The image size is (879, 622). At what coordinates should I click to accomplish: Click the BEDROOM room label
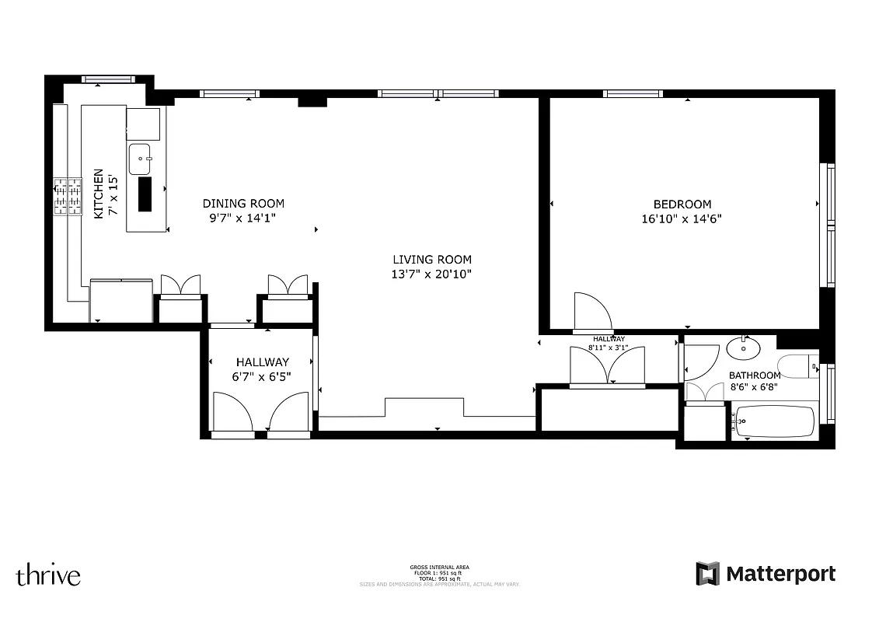(x=682, y=204)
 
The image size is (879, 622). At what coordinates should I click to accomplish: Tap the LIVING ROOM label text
(x=431, y=260)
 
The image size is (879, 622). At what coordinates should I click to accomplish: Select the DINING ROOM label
(x=243, y=204)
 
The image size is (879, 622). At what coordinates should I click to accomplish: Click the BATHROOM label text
(x=754, y=376)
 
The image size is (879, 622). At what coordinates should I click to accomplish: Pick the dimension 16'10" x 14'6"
(x=682, y=219)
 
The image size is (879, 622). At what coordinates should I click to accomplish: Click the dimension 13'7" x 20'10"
(x=431, y=274)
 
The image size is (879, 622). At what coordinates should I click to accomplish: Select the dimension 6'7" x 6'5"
(x=263, y=376)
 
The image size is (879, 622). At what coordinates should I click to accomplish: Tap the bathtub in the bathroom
(x=774, y=421)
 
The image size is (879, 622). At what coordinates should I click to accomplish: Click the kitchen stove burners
(x=68, y=196)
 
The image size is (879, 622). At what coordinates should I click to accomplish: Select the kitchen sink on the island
(x=141, y=159)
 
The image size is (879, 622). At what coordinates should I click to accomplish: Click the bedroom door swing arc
(x=593, y=311)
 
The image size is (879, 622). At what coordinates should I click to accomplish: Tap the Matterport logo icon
(x=708, y=574)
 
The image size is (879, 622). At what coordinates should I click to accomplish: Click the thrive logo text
(x=48, y=575)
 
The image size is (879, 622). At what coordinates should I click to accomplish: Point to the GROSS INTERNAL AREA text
(x=439, y=567)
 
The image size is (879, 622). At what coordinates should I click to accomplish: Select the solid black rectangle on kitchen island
(x=145, y=194)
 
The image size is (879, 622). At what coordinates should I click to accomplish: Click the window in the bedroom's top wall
(x=633, y=94)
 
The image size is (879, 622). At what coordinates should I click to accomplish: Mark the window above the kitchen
(x=109, y=79)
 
